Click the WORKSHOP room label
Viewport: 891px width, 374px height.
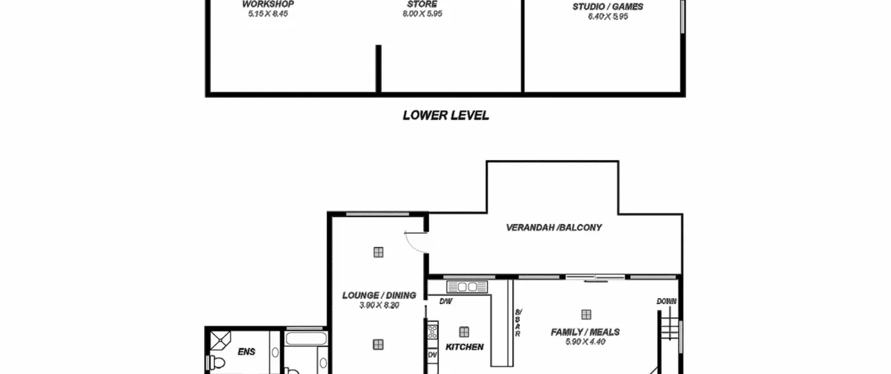[x=268, y=4]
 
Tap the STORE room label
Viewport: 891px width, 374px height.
[x=422, y=4]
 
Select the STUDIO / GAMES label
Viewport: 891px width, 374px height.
[x=608, y=7]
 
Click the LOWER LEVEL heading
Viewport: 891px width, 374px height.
[x=446, y=116]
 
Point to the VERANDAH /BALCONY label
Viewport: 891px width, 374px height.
[x=554, y=228]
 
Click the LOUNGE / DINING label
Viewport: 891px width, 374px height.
[x=379, y=295]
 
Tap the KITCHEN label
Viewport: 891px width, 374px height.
[x=465, y=347]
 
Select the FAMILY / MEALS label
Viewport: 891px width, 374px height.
[x=585, y=332]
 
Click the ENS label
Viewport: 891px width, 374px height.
[x=246, y=352]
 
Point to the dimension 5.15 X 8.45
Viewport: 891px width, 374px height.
[x=268, y=14]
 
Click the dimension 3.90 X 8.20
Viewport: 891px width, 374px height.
[x=379, y=305]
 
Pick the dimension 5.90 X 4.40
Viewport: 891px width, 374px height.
[x=585, y=342]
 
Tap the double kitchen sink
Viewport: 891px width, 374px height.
[x=467, y=287]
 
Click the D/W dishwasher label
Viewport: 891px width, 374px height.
[x=446, y=301]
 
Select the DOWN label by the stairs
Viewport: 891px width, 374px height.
[x=667, y=301]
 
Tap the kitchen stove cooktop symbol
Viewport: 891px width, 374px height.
[x=433, y=332]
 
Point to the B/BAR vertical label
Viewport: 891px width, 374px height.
[x=518, y=323]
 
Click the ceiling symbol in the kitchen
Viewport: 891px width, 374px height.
[x=464, y=332]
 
